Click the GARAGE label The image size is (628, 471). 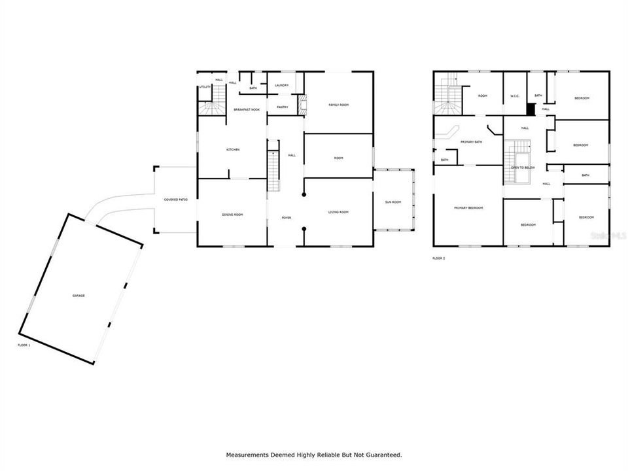[78, 296]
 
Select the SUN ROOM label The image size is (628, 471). [393, 202]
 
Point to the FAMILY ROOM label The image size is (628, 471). [338, 105]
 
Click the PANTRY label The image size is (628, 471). [283, 107]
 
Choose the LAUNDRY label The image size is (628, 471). [282, 85]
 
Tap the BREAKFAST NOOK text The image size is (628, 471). [247, 110]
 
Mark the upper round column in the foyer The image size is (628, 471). [304, 195]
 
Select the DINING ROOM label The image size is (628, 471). [232, 214]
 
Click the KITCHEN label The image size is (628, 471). [233, 150]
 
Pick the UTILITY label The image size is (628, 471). [205, 87]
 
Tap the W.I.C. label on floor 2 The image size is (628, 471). [515, 96]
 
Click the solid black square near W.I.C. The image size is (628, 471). [532, 108]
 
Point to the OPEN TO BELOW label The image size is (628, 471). [523, 167]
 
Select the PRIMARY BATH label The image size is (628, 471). [471, 142]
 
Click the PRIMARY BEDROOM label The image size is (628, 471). [468, 208]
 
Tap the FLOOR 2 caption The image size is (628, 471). [438, 259]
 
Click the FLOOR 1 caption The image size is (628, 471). [24, 345]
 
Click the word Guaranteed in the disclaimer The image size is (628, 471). [381, 454]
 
